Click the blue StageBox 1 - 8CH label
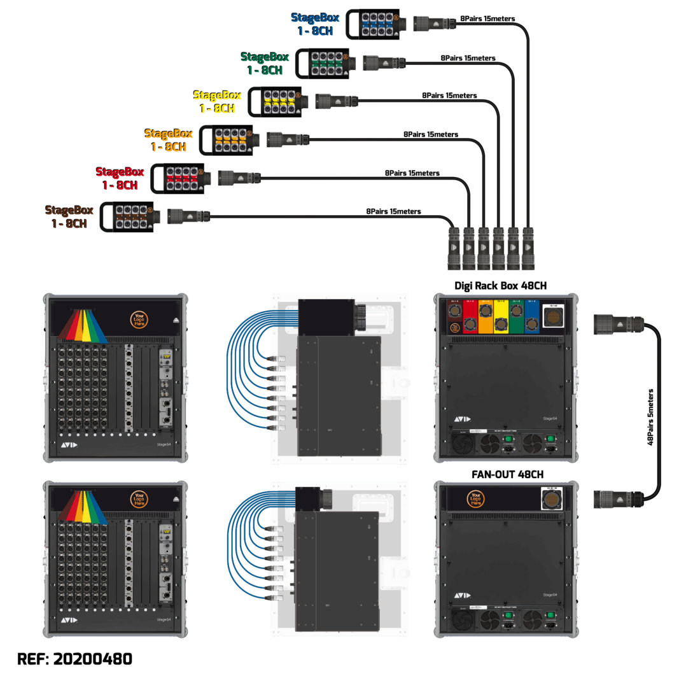(x=316, y=24)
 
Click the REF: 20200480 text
(x=74, y=658)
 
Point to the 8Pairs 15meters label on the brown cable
(x=393, y=211)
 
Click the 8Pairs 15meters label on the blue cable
(x=487, y=19)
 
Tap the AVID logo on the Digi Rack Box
(x=463, y=419)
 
